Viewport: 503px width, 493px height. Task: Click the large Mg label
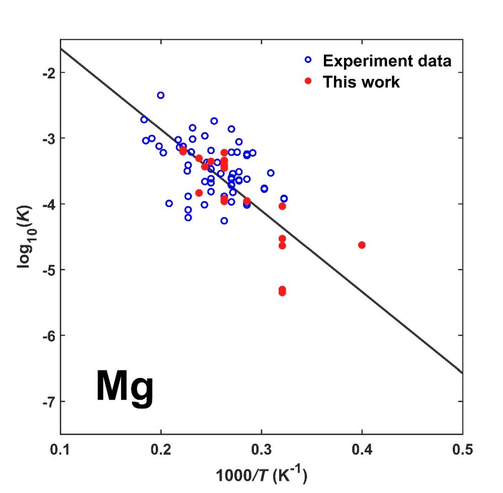point(124,387)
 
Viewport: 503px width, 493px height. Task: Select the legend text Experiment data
point(387,61)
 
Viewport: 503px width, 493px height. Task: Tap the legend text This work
point(361,82)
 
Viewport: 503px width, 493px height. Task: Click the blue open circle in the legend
point(308,60)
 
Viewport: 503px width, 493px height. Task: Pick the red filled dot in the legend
point(308,81)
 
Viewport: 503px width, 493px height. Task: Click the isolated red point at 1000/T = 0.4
point(362,245)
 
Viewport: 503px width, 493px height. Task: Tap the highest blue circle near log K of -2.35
point(160,95)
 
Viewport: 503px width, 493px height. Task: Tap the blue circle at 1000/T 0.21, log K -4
point(169,204)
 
